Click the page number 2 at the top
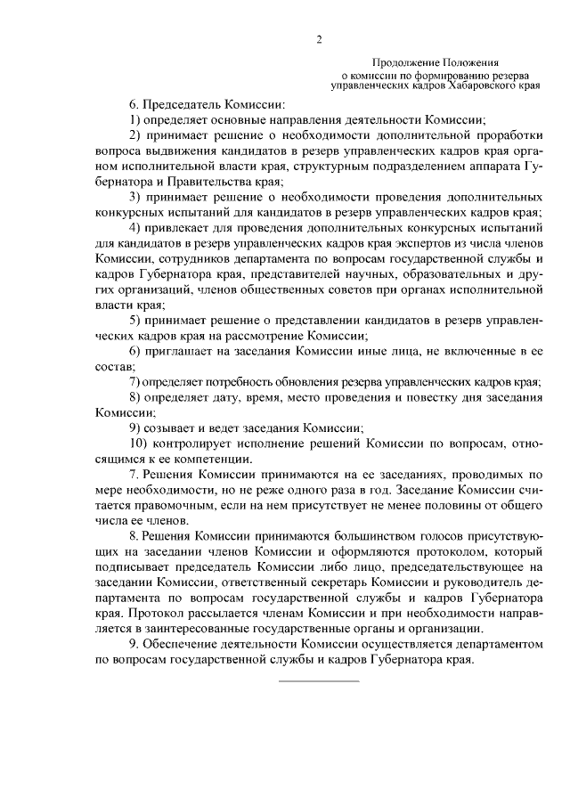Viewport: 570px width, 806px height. point(318,39)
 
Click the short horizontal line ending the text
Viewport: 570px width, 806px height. point(319,680)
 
